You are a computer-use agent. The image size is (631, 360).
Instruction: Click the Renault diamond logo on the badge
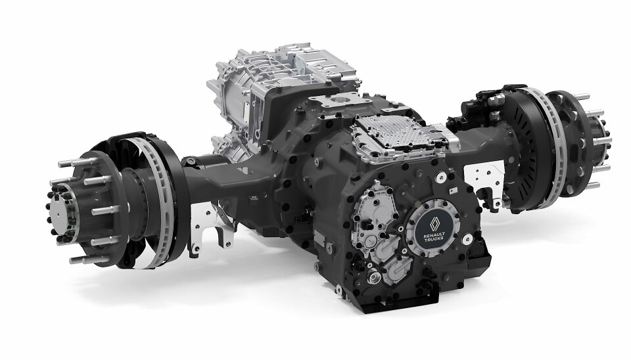pyautogui.click(x=434, y=225)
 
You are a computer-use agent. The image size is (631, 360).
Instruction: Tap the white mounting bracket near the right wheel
pyautogui.click(x=485, y=181)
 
